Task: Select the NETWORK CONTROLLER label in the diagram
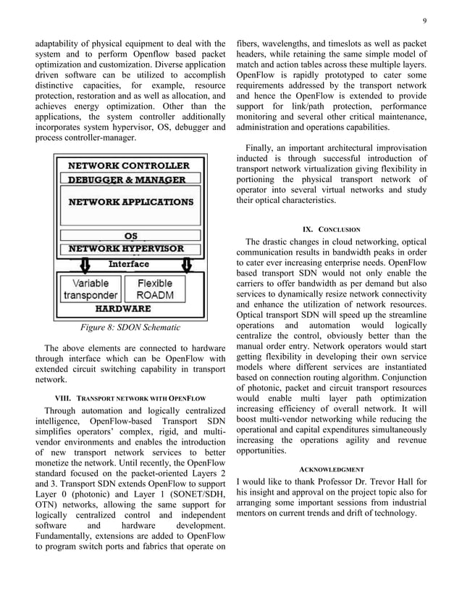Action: [x=129, y=165]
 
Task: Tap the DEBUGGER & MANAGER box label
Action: [x=127, y=179]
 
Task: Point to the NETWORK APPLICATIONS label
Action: [x=131, y=202]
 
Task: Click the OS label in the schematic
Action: [x=131, y=236]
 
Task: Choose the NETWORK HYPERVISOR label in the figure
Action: [x=126, y=248]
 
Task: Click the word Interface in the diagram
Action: [x=129, y=264]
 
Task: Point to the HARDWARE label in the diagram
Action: [x=129, y=307]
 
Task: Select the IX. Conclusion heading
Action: [x=332, y=229]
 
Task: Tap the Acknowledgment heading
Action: [x=332, y=469]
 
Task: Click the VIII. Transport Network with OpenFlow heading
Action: [x=130, y=399]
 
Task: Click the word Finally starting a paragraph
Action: [x=264, y=149]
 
